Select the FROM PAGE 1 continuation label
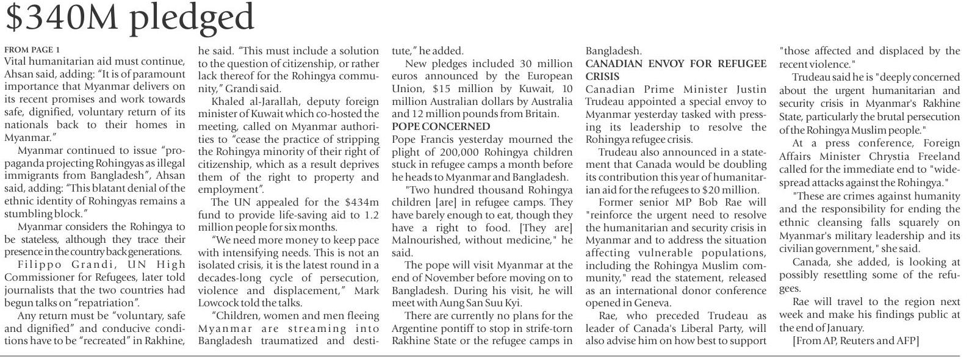(x=32, y=49)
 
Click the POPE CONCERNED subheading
(x=441, y=126)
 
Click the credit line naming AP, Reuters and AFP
(x=855, y=340)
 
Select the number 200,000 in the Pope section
(x=446, y=152)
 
